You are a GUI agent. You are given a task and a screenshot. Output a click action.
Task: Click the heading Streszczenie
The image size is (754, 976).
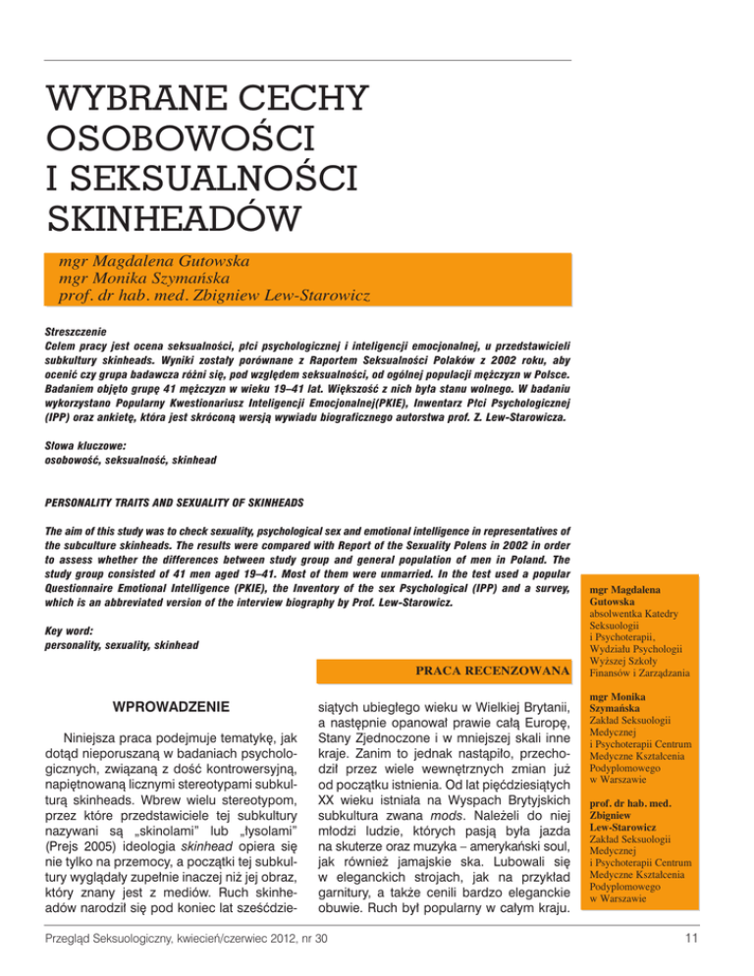pyautogui.click(x=81, y=333)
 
